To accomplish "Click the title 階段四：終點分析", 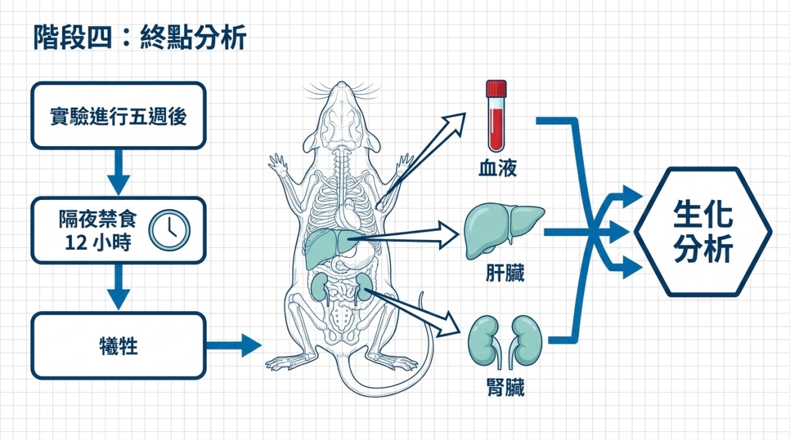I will (x=140, y=38).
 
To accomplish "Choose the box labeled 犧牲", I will (x=118, y=346).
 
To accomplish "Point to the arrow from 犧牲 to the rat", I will (x=234, y=345).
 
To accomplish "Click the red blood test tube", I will (x=496, y=116).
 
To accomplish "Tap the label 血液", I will (x=497, y=169).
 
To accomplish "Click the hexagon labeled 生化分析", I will (x=702, y=232).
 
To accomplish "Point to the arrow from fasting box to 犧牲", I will (x=118, y=287).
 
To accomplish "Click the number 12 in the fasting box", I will (x=76, y=243).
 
